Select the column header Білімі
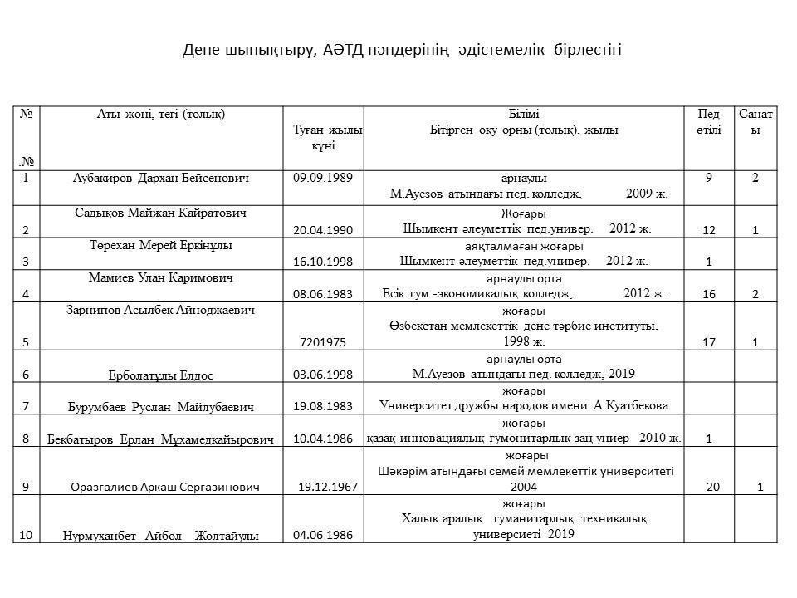coord(524,114)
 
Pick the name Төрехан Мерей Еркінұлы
coord(160,246)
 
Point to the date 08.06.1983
coord(323,294)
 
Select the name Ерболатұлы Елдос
coord(160,375)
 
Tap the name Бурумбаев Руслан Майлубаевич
coord(160,407)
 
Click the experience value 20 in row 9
coord(713,488)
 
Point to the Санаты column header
coord(755,121)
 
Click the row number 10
coord(26,536)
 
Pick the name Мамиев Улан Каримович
coord(160,277)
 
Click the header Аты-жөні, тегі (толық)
coord(160,114)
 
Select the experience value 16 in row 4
coord(708,294)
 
